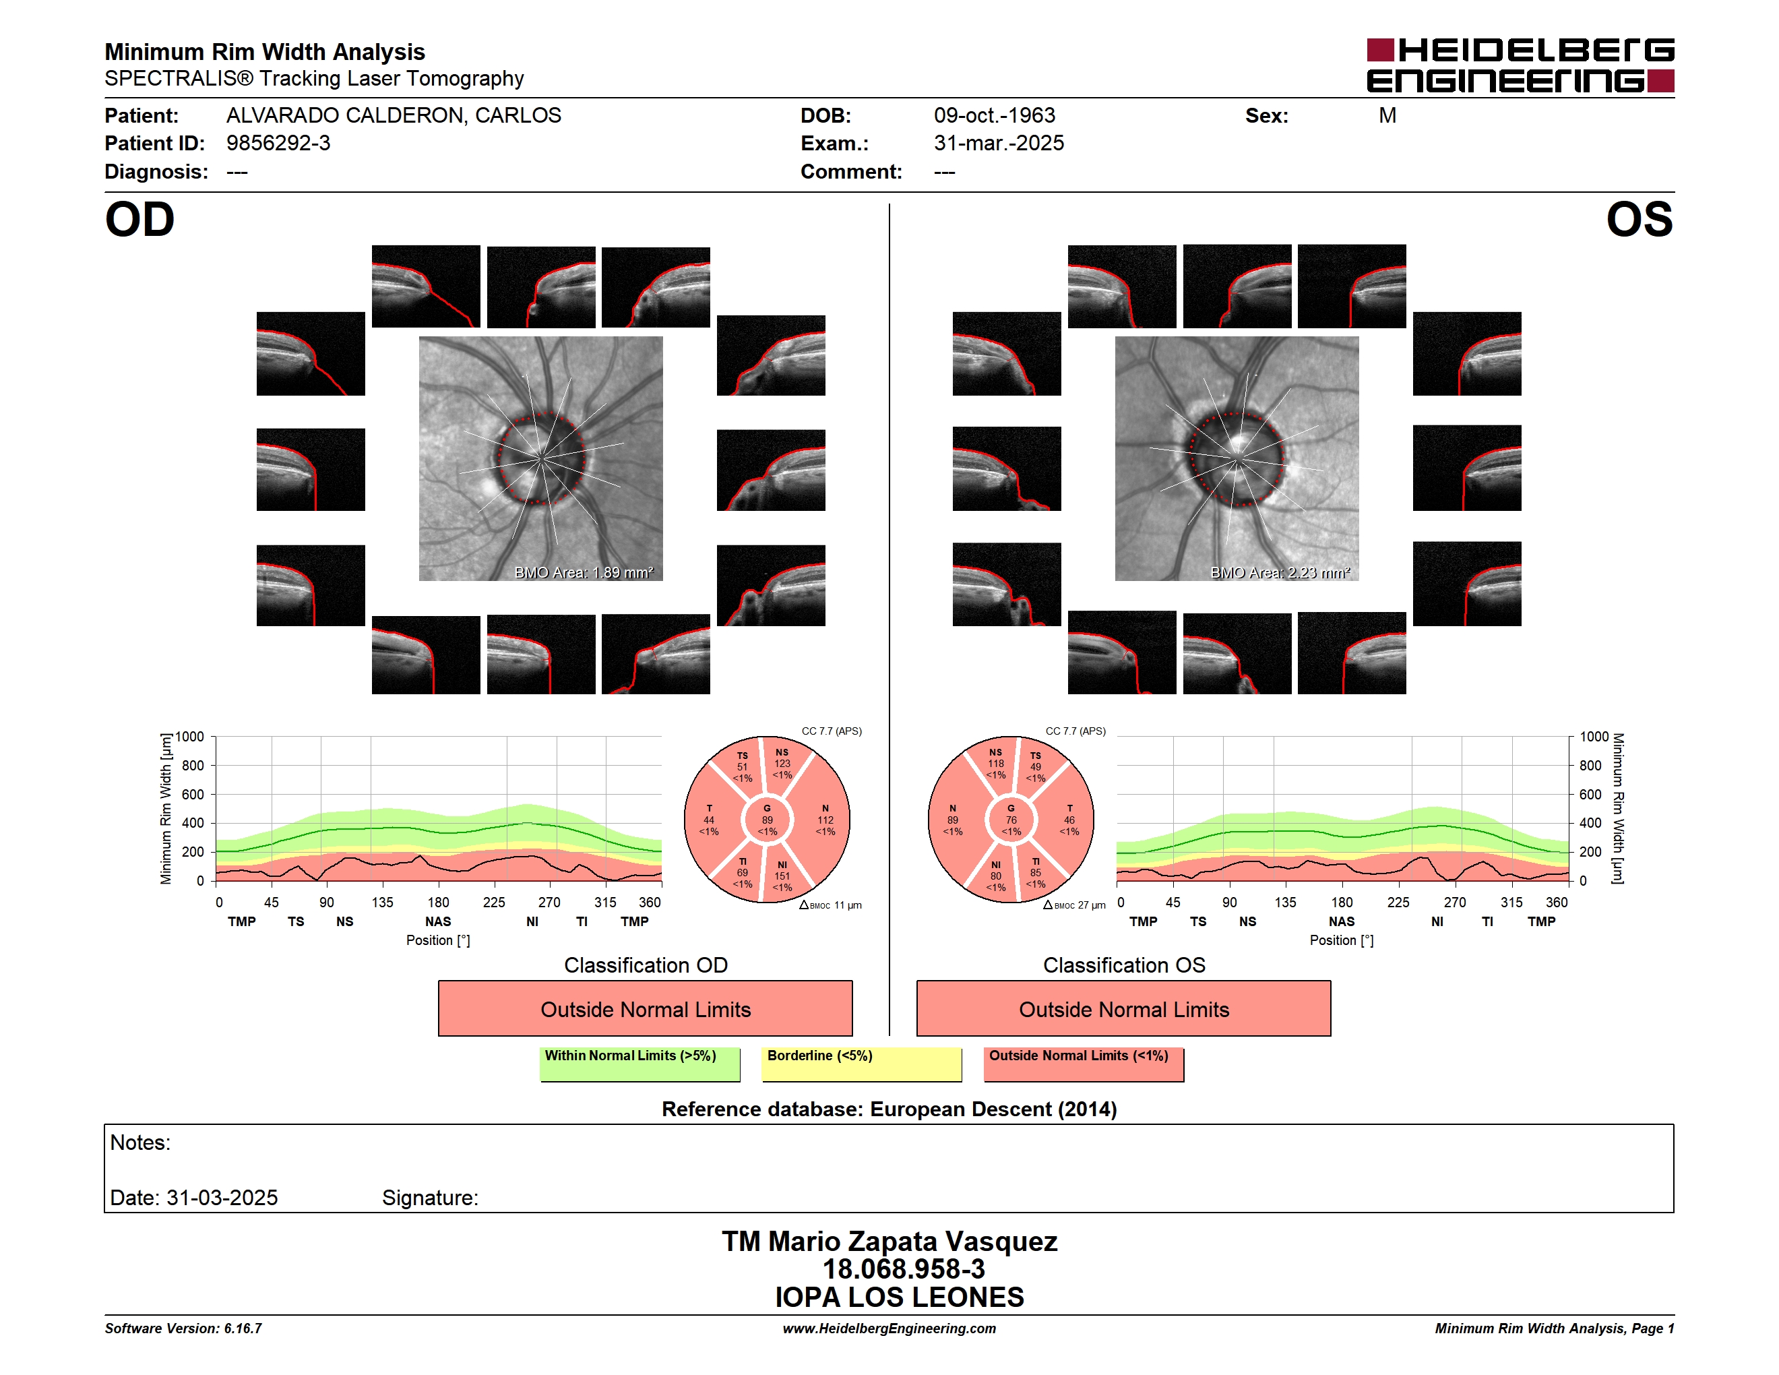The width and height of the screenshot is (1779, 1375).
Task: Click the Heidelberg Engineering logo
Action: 1520,65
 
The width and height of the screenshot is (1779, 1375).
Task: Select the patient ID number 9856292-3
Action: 278,144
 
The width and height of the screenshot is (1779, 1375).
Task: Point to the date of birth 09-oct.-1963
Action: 995,116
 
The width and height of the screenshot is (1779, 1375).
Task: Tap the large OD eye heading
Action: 140,220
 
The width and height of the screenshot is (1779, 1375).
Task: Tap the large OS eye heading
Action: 1639,220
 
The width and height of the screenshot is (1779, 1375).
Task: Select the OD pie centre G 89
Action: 768,820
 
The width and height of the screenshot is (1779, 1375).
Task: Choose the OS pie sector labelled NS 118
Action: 995,764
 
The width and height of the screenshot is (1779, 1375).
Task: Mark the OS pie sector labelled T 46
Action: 1068,820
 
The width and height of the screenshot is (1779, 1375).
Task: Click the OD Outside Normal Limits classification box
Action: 645,1008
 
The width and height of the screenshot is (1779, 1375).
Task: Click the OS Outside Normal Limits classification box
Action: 1124,1008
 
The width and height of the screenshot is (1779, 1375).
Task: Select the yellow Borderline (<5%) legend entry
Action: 862,1064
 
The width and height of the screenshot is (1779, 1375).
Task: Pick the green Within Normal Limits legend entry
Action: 639,1064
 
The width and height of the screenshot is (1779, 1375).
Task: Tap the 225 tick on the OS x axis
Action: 1398,903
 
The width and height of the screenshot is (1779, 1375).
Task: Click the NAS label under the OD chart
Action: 438,921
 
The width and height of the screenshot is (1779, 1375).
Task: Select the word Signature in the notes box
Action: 430,1198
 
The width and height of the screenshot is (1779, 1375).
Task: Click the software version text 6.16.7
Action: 243,1328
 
